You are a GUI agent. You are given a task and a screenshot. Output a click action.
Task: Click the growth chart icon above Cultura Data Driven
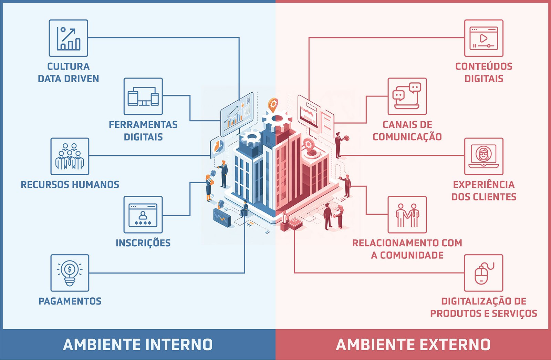tap(68, 38)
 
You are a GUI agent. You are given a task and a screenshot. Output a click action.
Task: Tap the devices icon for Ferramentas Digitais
tap(143, 96)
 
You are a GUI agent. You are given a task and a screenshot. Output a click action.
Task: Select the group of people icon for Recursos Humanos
tap(70, 156)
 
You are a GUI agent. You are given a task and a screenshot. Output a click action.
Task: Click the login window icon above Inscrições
tap(143, 215)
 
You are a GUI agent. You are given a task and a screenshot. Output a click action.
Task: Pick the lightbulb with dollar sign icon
tap(70, 273)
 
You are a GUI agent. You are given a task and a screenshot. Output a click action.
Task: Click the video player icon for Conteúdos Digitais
tap(484, 38)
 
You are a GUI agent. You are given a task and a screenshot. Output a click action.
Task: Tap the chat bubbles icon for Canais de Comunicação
tap(407, 96)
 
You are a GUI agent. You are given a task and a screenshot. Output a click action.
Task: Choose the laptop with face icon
tap(484, 156)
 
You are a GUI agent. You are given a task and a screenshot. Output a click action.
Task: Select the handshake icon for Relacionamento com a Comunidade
tap(407, 215)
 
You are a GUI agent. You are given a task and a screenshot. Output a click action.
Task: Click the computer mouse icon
tap(484, 273)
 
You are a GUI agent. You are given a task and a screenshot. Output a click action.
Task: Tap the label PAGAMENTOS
tap(70, 301)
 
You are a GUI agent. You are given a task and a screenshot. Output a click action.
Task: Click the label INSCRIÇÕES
tap(143, 243)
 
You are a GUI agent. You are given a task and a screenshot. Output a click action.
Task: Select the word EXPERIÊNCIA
tap(484, 185)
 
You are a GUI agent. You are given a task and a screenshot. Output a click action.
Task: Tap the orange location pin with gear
tap(273, 104)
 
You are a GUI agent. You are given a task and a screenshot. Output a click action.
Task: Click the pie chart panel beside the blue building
tap(217, 147)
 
